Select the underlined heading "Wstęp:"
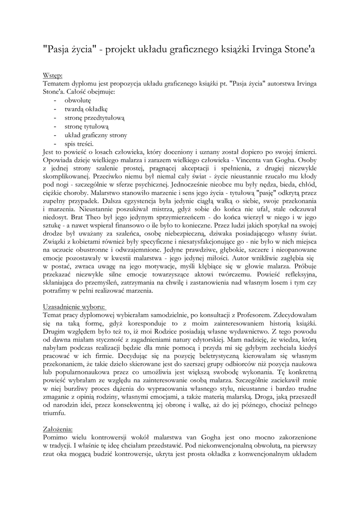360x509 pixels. click(x=52, y=75)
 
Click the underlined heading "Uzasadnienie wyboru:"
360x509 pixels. click(x=75, y=307)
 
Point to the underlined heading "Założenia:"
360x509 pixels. click(x=58, y=428)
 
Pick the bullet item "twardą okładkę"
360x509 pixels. click(x=86, y=109)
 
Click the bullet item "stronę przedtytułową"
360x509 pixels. click(x=94, y=118)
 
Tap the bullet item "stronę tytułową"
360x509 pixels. click(x=86, y=126)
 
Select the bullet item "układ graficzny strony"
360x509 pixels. click(x=95, y=135)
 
